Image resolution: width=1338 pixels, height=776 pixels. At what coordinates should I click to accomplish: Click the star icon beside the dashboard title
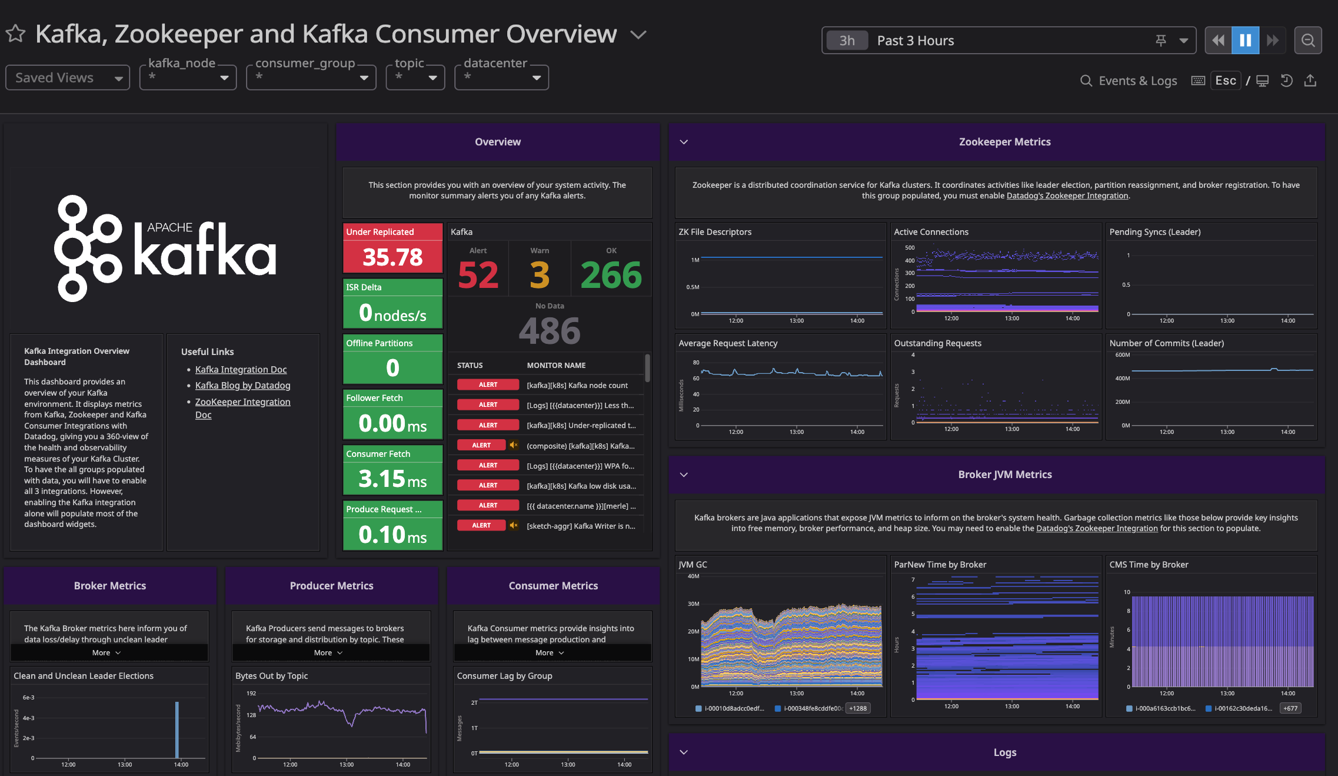tap(16, 34)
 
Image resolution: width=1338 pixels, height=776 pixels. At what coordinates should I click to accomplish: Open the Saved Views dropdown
tap(67, 78)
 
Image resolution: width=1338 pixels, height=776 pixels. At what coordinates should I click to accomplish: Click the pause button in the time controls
tap(1245, 40)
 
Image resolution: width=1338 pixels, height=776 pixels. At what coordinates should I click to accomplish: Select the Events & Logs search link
tap(1129, 81)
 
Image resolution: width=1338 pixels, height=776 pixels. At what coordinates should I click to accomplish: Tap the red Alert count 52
tap(478, 275)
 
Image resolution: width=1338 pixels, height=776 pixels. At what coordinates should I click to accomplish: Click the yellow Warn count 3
tap(539, 275)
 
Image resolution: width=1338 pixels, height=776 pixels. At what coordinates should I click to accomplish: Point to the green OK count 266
tap(611, 275)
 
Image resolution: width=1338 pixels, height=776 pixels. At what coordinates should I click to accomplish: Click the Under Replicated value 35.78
tap(392, 257)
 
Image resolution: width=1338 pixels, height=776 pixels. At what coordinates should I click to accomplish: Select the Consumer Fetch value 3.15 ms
tap(392, 479)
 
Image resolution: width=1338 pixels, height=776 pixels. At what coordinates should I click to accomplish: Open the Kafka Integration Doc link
tap(241, 369)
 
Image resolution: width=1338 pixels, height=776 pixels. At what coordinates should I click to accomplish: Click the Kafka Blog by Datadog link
tap(242, 385)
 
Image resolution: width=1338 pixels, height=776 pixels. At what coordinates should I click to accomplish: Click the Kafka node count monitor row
tap(577, 385)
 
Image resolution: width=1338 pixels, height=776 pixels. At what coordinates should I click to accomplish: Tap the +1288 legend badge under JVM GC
tap(857, 708)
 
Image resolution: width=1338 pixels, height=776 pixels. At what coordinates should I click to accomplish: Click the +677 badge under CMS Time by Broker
tap(1290, 708)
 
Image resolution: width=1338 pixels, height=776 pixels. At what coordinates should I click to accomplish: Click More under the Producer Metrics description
tap(328, 652)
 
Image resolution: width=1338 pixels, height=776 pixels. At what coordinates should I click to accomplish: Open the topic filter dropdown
tap(415, 77)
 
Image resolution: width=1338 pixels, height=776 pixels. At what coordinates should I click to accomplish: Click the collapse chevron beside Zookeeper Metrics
tap(684, 142)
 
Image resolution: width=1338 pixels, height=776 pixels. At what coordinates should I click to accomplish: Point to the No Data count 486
tap(549, 331)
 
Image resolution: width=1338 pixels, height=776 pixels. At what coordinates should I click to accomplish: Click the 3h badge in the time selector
tap(847, 41)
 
